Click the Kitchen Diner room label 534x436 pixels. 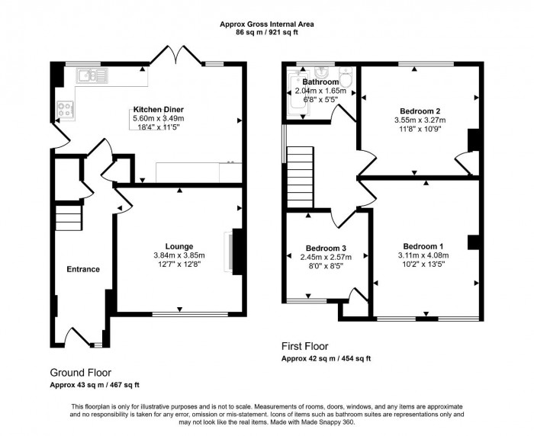click(159, 110)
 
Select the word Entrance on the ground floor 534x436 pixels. click(83, 269)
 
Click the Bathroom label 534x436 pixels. click(320, 82)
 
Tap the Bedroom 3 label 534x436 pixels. click(327, 248)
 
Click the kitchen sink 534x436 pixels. click(94, 74)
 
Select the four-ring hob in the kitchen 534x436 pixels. click(63, 109)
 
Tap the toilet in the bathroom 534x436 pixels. click(345, 76)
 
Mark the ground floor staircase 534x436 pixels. click(68, 220)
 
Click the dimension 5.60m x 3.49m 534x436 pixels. click(159, 118)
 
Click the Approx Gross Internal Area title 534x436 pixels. click(267, 24)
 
